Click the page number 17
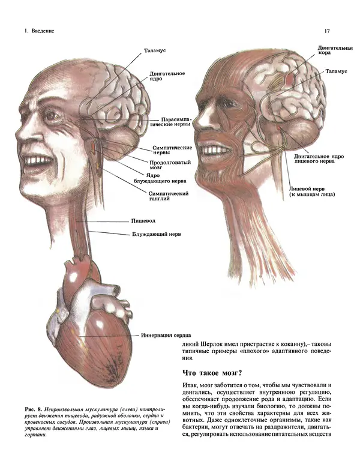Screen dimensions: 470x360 pyautogui.click(x=327, y=31)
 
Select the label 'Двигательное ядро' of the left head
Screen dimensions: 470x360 pyautogui.click(x=167, y=77)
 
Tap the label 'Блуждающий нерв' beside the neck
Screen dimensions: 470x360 pyautogui.click(x=157, y=234)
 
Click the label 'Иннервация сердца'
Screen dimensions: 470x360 pyautogui.click(x=167, y=335)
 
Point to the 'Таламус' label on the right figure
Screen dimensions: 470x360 pyautogui.click(x=336, y=71)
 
